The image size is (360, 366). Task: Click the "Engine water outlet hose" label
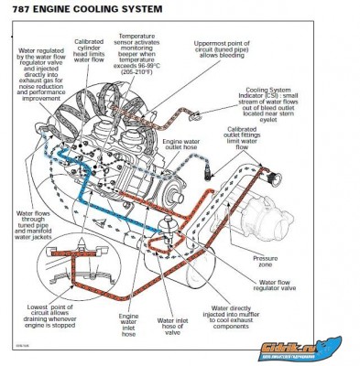[180, 151]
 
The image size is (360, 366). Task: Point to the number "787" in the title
[27, 10]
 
